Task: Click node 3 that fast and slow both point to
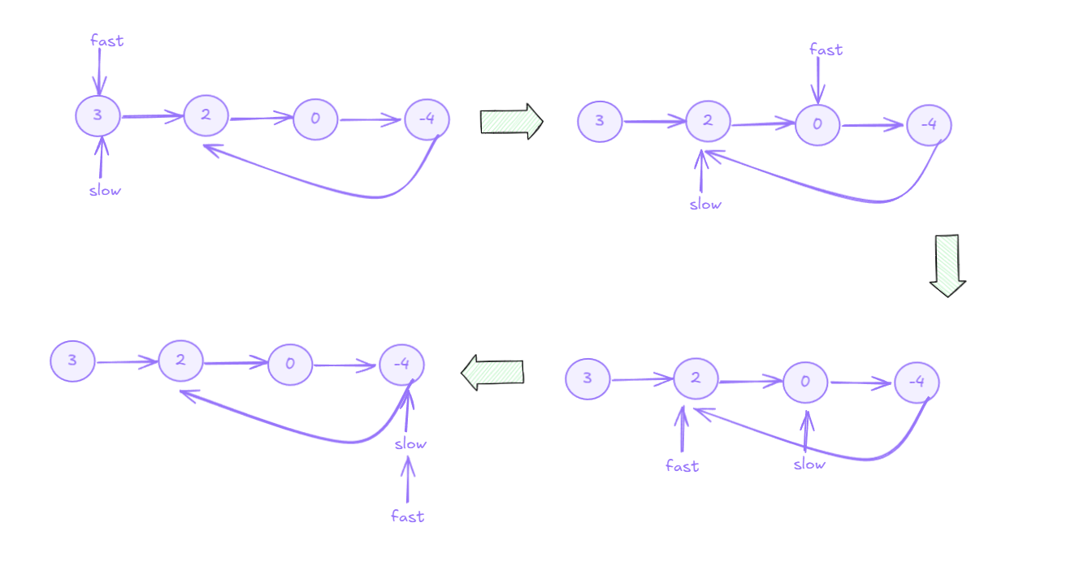coord(98,115)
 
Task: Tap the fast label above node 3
coord(106,41)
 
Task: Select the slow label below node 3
coord(105,191)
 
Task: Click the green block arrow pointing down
coord(947,265)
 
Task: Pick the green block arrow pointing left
coord(492,372)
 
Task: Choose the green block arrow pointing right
coord(511,121)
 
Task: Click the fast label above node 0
coord(826,50)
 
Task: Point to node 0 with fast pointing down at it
coord(817,124)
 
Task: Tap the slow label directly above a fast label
coord(410,443)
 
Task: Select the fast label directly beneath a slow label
coord(407,516)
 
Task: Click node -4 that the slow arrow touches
coord(401,364)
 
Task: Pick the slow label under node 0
coord(809,464)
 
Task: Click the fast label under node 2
coord(683,465)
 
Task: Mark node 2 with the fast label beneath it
coord(696,378)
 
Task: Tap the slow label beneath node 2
coord(704,204)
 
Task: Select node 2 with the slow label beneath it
coord(708,122)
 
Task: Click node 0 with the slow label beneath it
coord(805,382)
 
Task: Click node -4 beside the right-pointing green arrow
coord(427,119)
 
